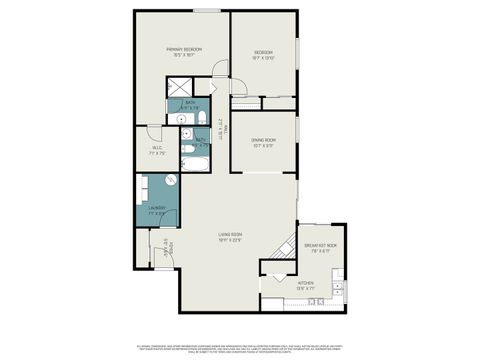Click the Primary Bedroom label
(x=185, y=52)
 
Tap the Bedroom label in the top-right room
(x=264, y=54)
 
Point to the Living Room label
(x=231, y=237)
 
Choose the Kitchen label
(x=306, y=285)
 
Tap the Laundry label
(x=156, y=210)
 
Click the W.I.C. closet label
(x=157, y=151)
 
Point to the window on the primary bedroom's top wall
(x=207, y=11)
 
